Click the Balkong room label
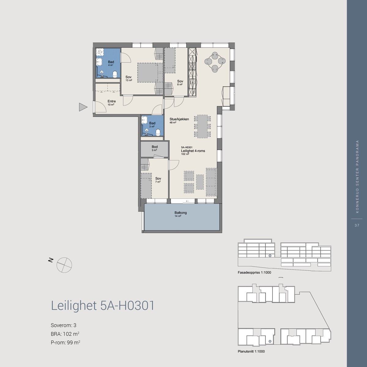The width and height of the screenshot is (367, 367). click(180, 213)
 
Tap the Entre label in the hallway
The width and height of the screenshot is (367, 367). click(111, 101)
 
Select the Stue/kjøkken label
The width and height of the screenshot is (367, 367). click(179, 119)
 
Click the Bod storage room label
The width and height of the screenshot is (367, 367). click(154, 147)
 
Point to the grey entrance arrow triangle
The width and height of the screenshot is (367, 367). click(83, 107)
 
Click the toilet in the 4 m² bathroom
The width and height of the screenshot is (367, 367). click(115, 74)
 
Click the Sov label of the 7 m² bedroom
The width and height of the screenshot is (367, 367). click(158, 179)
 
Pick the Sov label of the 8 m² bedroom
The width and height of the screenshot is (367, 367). click(180, 81)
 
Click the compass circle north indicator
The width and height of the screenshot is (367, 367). click(64, 265)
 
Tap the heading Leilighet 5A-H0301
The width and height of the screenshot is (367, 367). click(102, 306)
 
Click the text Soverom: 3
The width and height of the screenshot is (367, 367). click(61, 325)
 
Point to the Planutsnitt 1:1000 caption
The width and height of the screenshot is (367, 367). click(251, 351)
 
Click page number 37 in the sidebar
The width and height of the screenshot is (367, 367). click(357, 225)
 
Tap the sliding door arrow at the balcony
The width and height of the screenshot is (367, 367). click(187, 201)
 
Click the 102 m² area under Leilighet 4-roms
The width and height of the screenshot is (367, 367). click(185, 154)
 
